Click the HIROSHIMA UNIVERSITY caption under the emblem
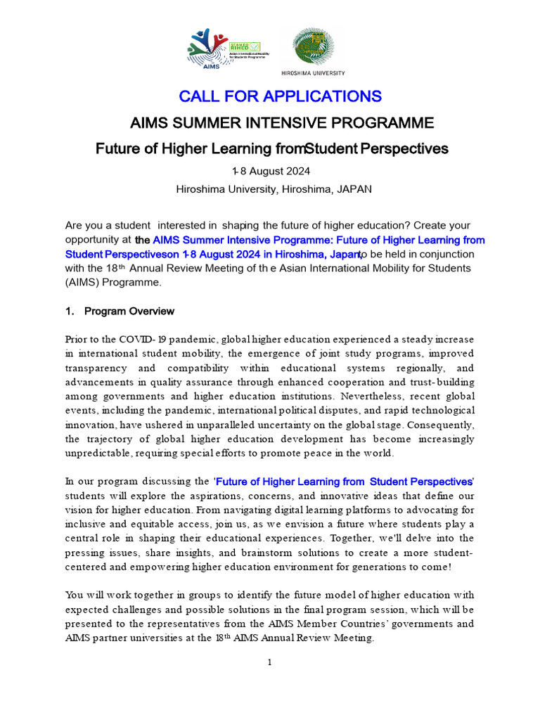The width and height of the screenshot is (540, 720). [313, 72]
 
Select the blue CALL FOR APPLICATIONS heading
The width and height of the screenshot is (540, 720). [280, 96]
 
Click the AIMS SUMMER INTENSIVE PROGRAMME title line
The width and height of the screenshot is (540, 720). [282, 124]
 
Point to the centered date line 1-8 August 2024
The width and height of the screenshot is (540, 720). [271, 172]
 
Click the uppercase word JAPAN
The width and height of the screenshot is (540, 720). [354, 189]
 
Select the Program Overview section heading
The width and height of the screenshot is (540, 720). [129, 311]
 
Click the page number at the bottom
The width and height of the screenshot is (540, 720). [270, 662]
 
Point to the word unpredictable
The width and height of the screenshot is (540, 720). [98, 454]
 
